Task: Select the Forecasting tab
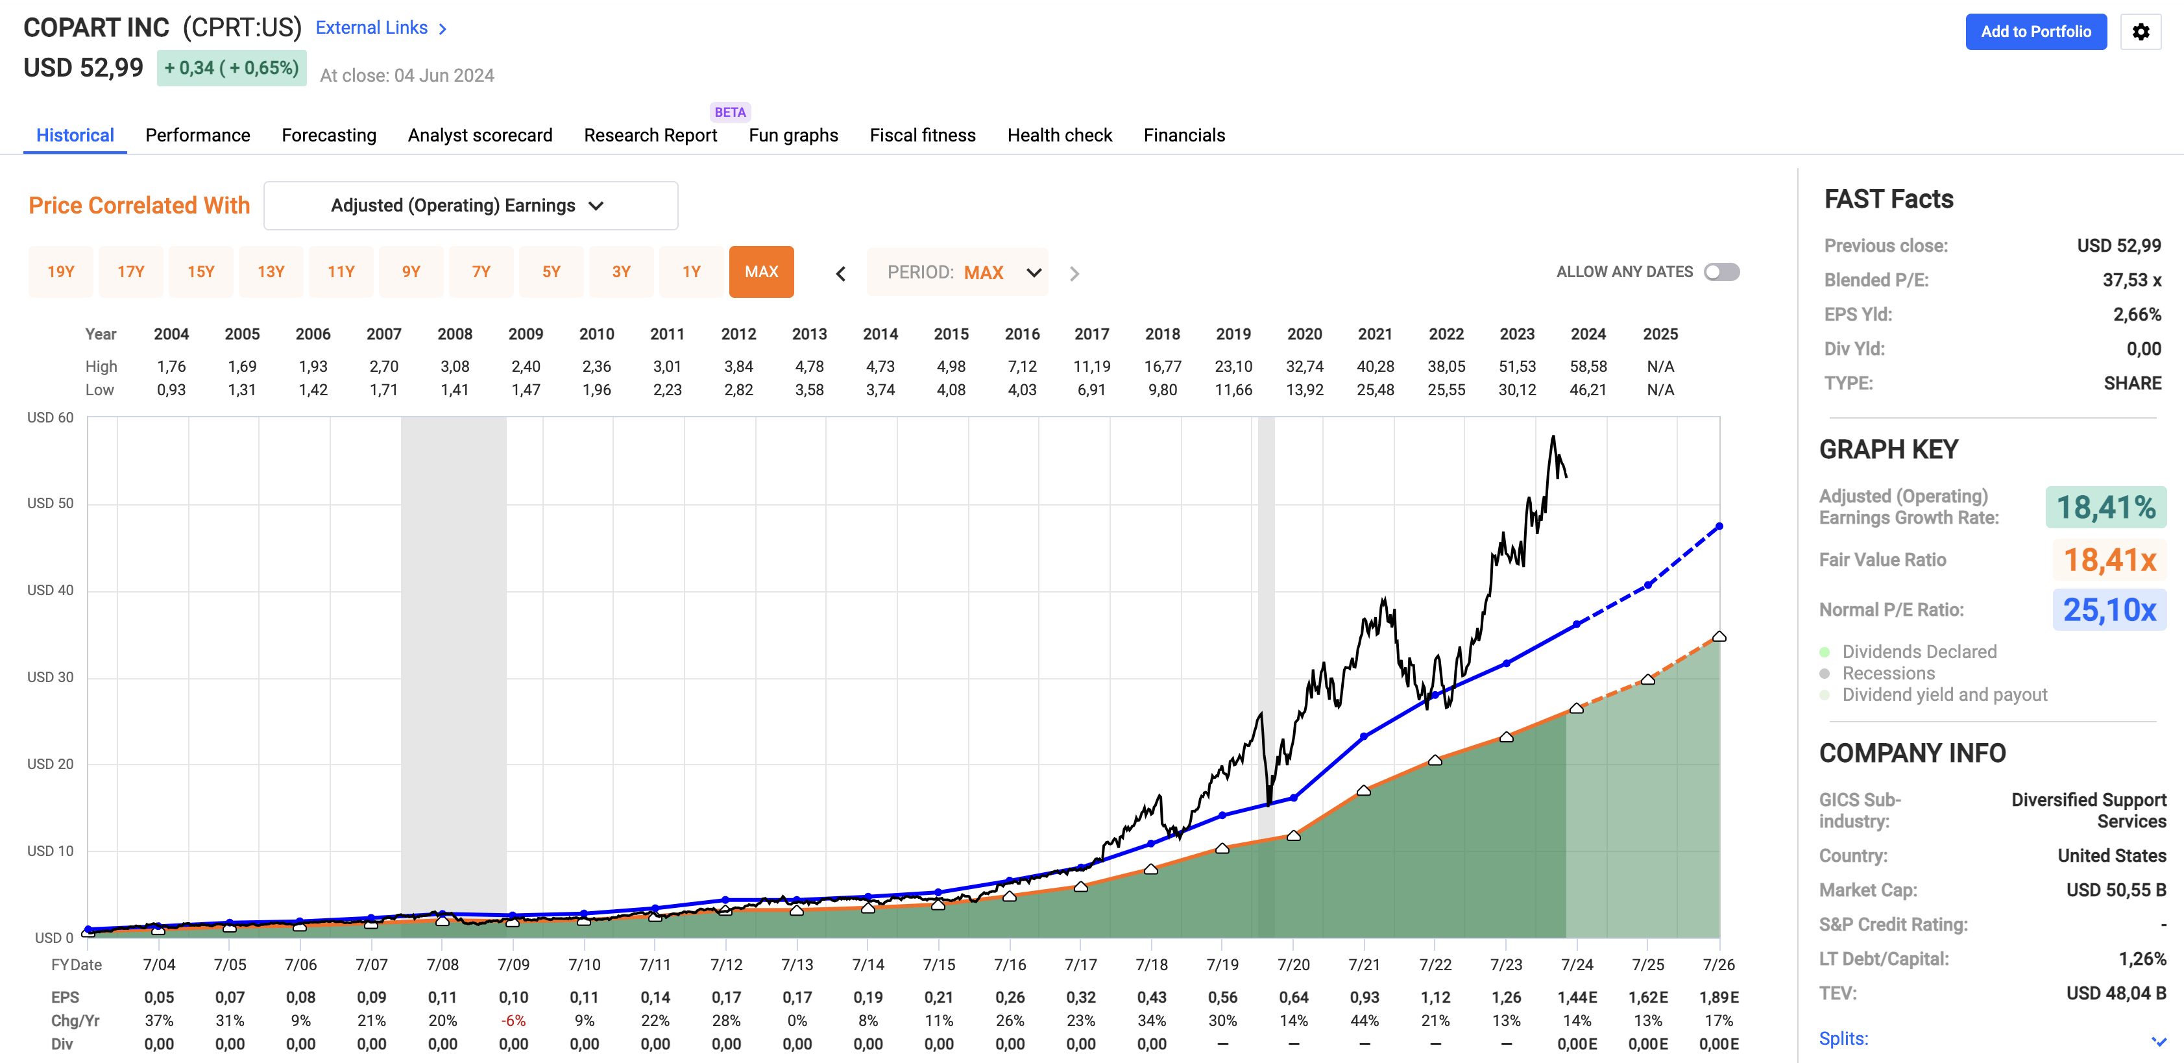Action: [x=329, y=136]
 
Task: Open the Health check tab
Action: [x=1059, y=136]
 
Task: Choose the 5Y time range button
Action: [x=551, y=272]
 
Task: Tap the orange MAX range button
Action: [x=760, y=272]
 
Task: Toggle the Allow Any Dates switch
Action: [x=1721, y=272]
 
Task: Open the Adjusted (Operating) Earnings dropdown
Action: [x=470, y=206]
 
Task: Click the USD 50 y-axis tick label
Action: [x=50, y=504]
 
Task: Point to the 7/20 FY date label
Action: [x=1293, y=964]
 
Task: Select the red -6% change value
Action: [x=513, y=1021]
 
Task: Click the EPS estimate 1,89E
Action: [x=1719, y=997]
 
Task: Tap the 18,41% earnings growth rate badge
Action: [x=2105, y=507]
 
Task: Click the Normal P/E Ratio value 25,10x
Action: [x=2109, y=610]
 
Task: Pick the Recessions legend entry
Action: [x=1888, y=673]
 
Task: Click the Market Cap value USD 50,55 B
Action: [x=2115, y=890]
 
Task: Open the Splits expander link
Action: [x=1843, y=1038]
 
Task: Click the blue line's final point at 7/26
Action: [x=1719, y=526]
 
